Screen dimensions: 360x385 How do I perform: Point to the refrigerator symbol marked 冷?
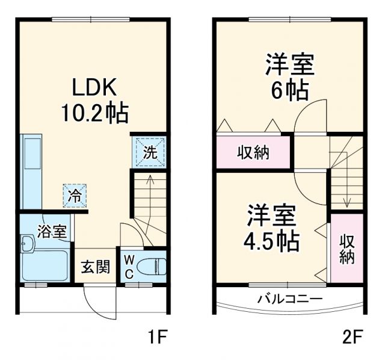75,195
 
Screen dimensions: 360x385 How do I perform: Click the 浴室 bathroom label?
51,232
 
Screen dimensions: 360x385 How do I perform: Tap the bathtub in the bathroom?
45,265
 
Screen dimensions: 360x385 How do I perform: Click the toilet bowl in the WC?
151,265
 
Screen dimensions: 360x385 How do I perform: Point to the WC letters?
129,265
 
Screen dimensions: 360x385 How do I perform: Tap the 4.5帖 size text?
271,240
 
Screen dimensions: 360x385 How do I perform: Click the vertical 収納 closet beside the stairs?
346,248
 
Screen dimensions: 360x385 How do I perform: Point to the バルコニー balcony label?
290,299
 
